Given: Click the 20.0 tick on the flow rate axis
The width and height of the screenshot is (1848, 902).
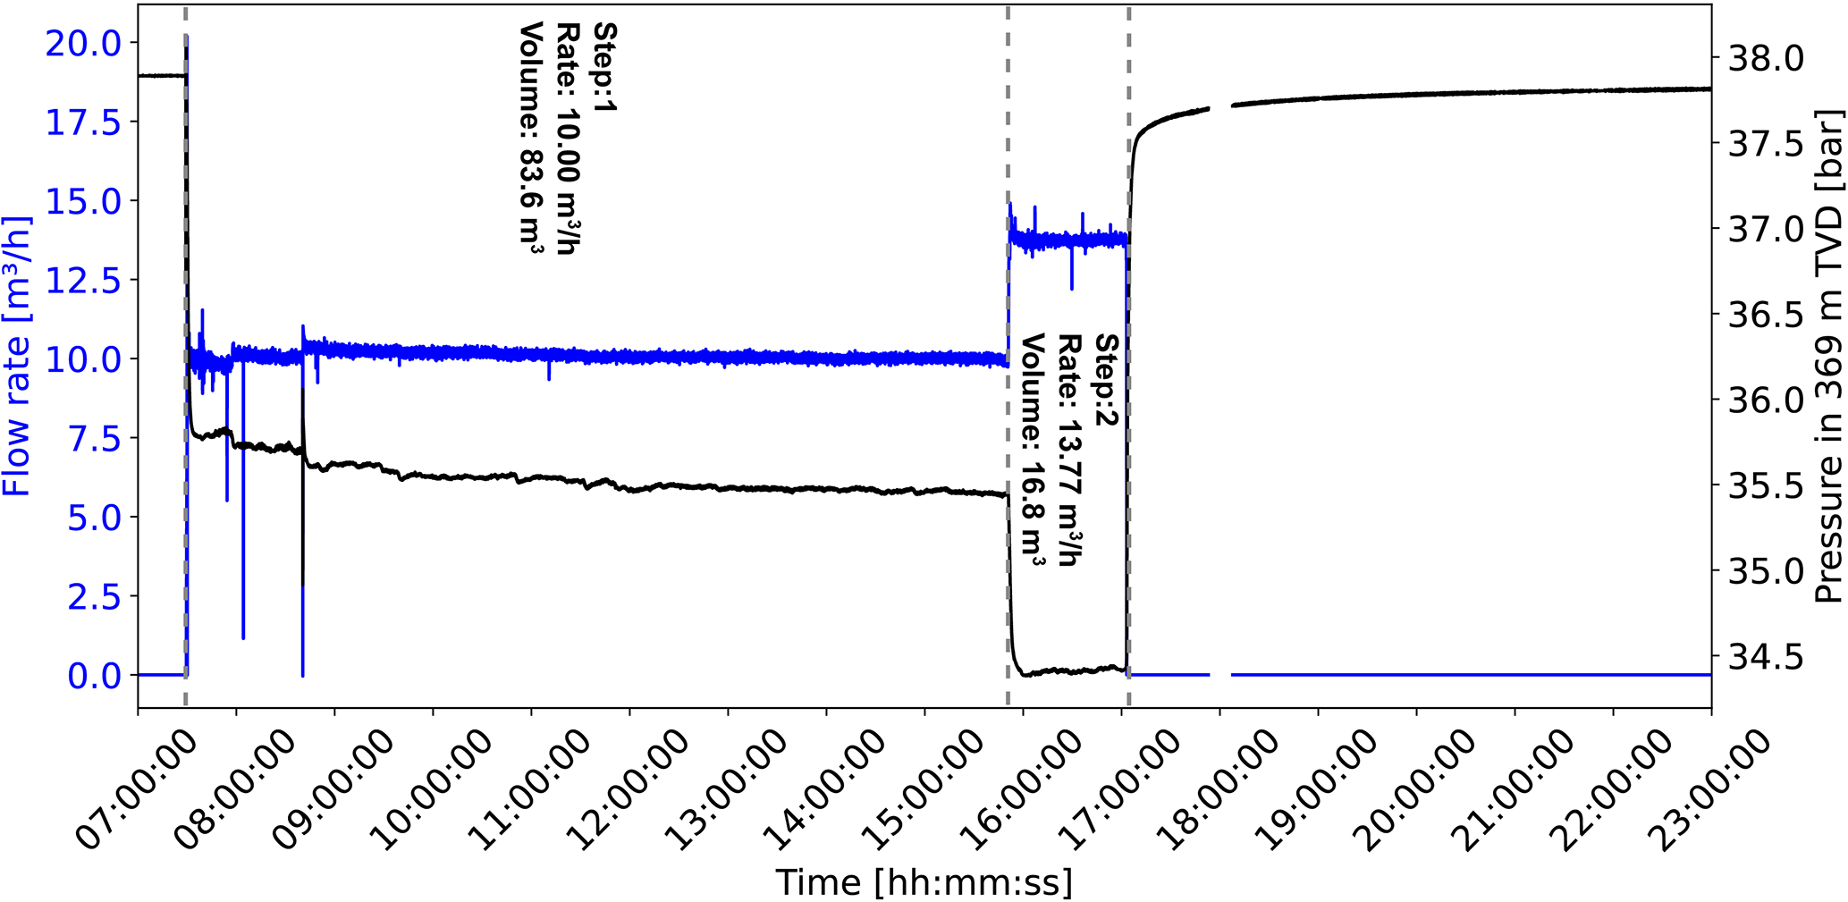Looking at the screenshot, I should [83, 43].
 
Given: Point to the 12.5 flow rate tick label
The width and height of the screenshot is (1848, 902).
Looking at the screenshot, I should [83, 281].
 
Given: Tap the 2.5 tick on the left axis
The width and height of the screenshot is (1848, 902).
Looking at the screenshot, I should [94, 597].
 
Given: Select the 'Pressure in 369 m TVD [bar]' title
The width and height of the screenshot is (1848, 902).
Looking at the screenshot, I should [1830, 358].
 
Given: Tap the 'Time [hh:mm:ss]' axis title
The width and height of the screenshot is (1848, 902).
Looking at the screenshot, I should [924, 883].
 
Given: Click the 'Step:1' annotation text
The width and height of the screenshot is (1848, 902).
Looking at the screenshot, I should [606, 67].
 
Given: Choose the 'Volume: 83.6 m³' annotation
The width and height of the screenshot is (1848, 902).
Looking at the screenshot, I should [531, 139].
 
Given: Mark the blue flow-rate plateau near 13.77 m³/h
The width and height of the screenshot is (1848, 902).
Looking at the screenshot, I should [1068, 240].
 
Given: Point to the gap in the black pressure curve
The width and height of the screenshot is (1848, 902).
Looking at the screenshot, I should [1220, 106].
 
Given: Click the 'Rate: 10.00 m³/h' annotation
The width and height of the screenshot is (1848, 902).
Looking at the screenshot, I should [569, 139].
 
